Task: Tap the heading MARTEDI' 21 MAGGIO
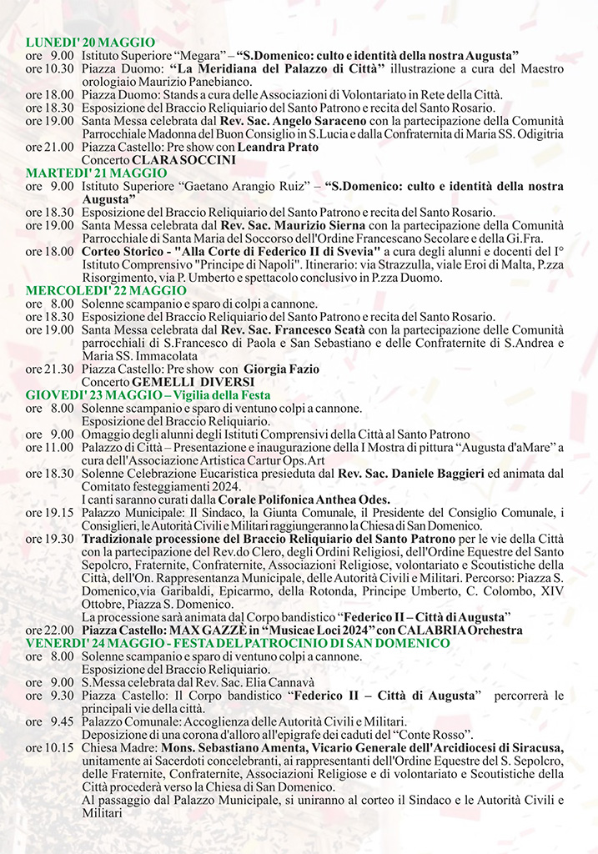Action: (x=96, y=173)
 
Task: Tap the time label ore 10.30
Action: (x=49, y=68)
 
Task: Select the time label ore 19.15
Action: (x=49, y=512)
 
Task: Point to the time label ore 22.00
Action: (x=49, y=631)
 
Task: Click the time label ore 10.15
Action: (x=49, y=748)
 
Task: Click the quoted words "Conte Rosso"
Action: (x=434, y=735)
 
